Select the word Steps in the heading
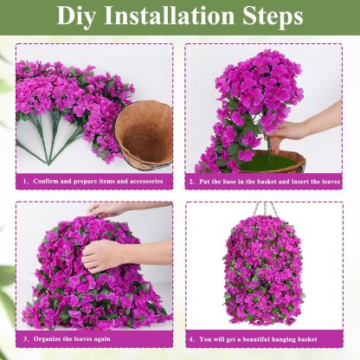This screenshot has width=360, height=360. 273,16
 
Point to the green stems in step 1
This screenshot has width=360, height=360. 48,143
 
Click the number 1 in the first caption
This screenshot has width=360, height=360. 26,182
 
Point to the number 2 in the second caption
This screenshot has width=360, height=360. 192,182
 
